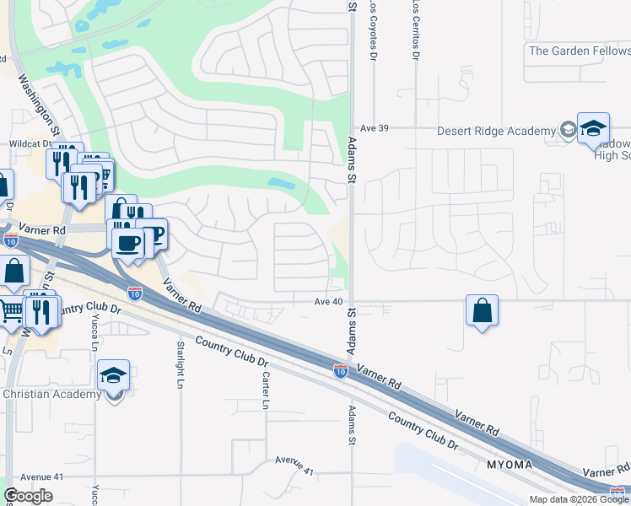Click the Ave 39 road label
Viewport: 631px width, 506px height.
pos(372,127)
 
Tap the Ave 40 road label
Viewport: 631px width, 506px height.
pos(328,301)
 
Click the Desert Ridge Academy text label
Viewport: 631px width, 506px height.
pos(496,131)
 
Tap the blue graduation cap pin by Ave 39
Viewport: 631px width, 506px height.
pos(593,128)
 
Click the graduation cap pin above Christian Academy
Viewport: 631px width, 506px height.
pos(114,377)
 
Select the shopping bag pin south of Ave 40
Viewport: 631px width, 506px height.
pos(481,310)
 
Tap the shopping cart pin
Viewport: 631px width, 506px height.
pos(9,312)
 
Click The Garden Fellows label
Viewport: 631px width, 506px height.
pos(579,51)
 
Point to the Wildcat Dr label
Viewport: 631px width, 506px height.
pos(30,144)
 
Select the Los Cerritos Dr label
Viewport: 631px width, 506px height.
pos(416,30)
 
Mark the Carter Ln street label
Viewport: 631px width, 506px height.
pos(265,391)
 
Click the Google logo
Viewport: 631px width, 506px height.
pos(28,496)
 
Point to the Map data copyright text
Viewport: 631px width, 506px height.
pos(580,499)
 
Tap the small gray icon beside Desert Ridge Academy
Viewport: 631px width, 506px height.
pos(568,131)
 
